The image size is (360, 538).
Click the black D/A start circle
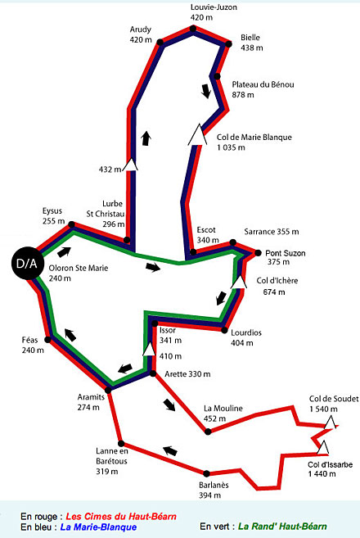point(28,263)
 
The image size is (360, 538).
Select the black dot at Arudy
point(160,43)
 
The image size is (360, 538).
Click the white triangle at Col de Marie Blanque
point(197,134)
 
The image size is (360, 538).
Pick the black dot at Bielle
point(229,44)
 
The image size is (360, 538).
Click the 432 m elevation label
point(110,170)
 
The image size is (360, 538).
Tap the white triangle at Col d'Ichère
point(239,282)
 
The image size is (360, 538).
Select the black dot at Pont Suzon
point(258,253)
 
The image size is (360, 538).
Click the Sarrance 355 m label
point(272,232)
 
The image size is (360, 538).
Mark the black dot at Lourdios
point(224,331)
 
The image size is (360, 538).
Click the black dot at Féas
point(48,340)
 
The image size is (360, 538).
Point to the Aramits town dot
point(108,390)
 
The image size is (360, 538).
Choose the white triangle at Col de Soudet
point(330,423)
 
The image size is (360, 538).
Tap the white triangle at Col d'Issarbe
point(322,447)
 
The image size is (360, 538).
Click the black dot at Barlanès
point(206,474)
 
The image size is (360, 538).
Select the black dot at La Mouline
point(208,432)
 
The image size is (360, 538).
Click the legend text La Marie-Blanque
point(98,527)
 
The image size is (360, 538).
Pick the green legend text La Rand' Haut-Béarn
point(282,526)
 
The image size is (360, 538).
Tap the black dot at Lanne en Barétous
point(121,444)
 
